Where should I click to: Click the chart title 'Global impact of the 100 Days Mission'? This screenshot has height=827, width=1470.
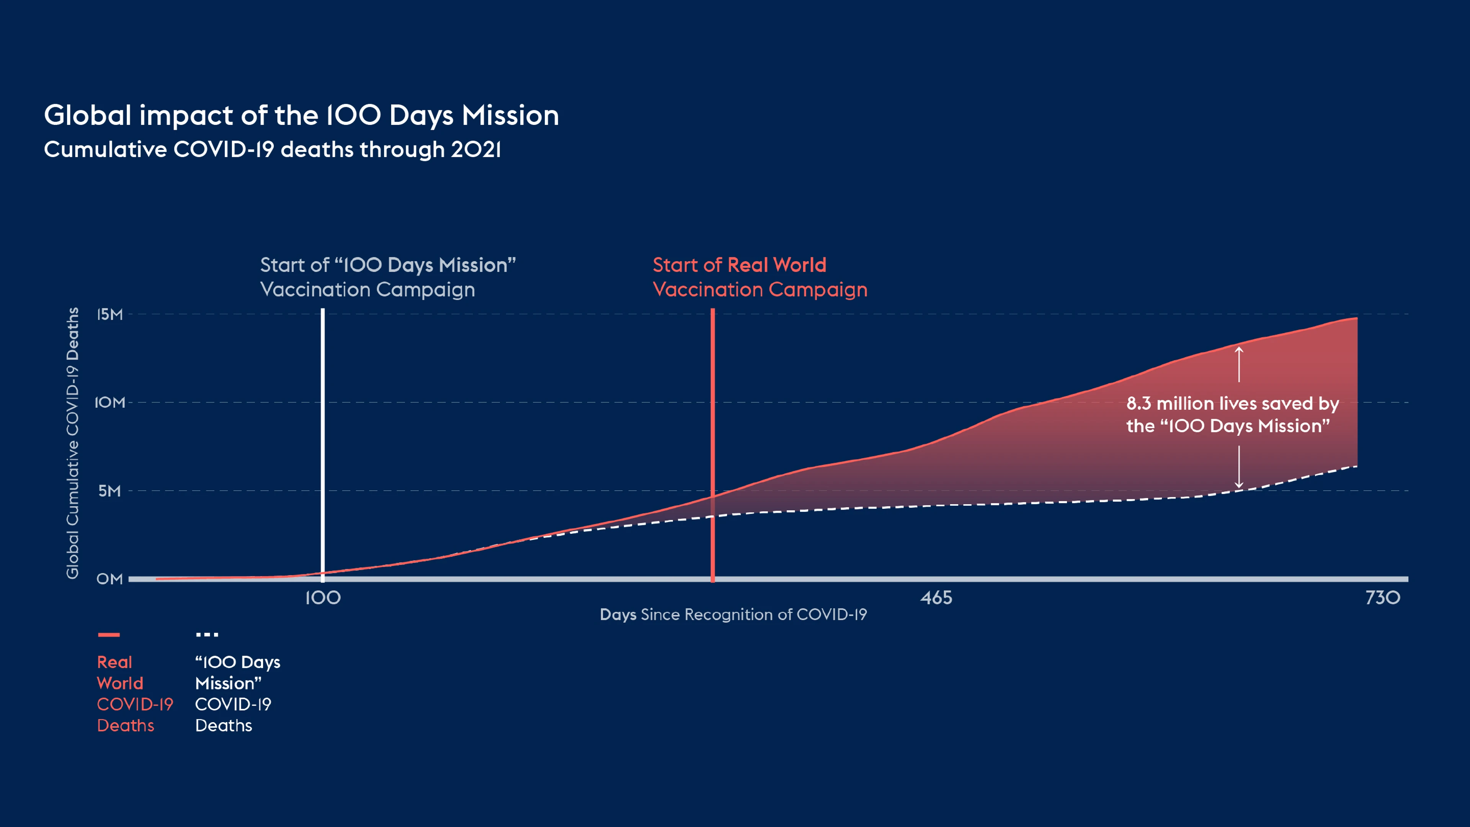[301, 115]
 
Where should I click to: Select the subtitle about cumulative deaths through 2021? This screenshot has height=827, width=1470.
[272, 150]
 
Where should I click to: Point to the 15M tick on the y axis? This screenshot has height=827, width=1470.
[109, 314]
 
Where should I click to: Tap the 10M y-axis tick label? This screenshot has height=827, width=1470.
[109, 402]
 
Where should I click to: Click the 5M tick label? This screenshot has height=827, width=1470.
[109, 491]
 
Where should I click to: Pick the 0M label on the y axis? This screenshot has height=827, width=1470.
[109, 579]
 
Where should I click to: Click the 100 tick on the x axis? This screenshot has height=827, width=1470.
[323, 598]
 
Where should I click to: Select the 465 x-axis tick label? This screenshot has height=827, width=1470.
[936, 598]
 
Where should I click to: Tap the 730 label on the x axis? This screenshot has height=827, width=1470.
[1382, 598]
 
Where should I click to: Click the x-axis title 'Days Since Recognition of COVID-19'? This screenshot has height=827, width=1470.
[733, 615]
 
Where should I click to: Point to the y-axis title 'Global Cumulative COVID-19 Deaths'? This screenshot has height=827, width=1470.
[72, 443]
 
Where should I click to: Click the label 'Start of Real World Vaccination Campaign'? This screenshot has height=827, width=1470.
[759, 277]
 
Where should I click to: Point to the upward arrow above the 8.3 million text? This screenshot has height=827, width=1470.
[1239, 364]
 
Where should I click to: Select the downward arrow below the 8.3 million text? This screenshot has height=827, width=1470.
[1239, 467]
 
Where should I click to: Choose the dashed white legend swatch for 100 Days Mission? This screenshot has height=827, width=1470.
[207, 635]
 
